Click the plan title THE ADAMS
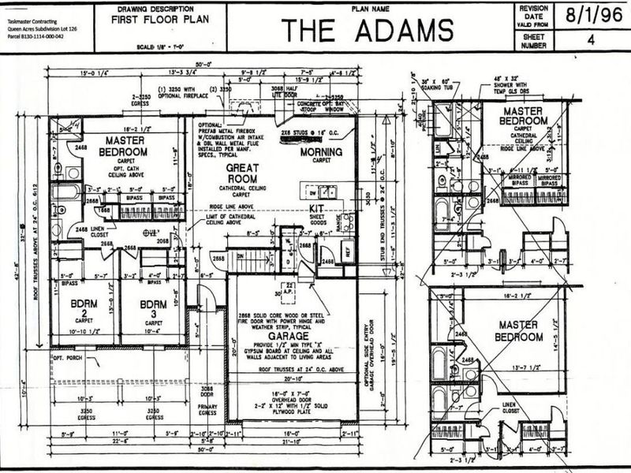click(x=368, y=31)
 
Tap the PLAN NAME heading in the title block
click(x=368, y=6)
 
